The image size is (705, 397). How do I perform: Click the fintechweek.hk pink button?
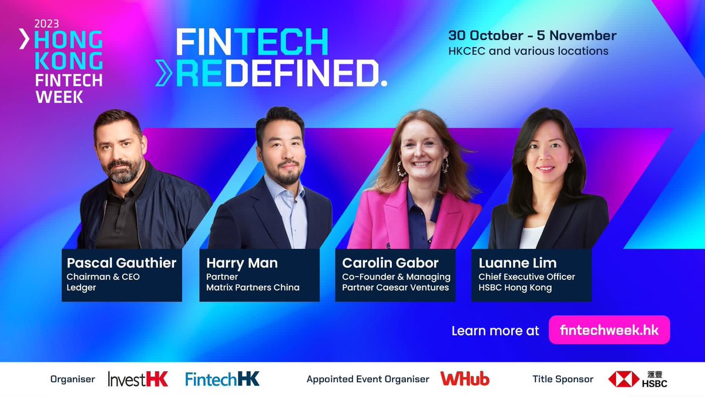pos(609,330)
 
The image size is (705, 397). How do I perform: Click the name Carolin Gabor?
pos(390,262)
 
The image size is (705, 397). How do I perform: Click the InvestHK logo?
pos(138,379)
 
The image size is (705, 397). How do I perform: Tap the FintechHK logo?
pos(222,379)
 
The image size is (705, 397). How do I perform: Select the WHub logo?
pos(465,379)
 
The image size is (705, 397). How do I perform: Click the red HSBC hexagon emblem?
pos(624,379)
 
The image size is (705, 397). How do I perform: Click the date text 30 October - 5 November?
pos(532,35)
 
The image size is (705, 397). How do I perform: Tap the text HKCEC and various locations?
pos(528,51)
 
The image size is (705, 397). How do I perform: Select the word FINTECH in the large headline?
pos(252,43)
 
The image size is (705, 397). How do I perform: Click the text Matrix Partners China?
pos(253,288)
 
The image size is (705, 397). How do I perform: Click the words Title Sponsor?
pos(563,379)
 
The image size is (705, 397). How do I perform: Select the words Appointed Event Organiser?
pos(368,379)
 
